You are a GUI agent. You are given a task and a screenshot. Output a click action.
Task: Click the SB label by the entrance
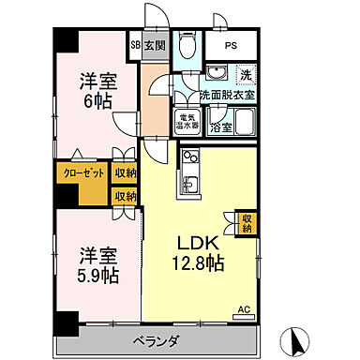coord(135,43)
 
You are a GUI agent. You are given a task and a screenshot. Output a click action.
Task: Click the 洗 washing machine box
coord(245,75)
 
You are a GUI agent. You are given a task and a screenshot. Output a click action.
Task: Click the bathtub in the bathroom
coord(245,122)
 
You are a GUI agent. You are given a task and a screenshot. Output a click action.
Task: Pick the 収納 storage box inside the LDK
coord(247,221)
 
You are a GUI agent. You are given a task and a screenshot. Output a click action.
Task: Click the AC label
coord(244,308)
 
